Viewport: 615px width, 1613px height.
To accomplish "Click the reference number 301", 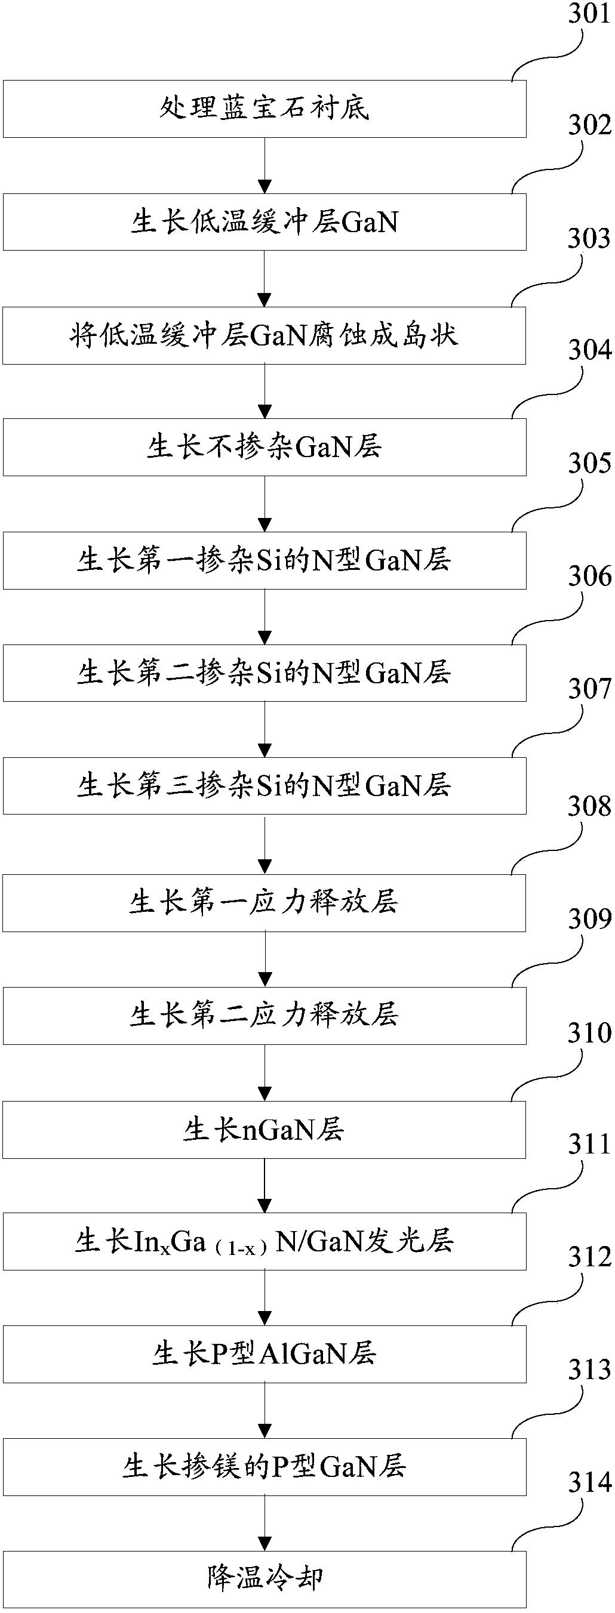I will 588,14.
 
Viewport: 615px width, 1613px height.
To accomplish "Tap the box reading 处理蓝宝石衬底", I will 264,109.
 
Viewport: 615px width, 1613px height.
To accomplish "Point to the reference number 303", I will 588,239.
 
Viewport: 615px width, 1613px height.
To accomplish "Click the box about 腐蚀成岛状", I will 264,335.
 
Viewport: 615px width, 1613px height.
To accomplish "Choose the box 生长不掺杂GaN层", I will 264,447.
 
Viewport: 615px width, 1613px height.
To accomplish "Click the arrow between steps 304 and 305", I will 265,504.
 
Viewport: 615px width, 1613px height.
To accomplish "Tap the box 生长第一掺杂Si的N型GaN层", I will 264,560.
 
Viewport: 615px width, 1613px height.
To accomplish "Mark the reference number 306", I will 589,576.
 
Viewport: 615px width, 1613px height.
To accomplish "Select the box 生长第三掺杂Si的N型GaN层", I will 264,785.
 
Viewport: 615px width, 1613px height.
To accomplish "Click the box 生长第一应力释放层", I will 264,902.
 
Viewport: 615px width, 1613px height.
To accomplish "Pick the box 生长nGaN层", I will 264,1130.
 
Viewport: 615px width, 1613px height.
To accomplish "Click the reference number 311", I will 589,1145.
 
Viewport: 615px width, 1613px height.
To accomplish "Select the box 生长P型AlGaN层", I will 264,1354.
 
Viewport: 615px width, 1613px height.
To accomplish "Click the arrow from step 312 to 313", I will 265,1410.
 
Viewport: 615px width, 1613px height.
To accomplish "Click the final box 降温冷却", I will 264,1579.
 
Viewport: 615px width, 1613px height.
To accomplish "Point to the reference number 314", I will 589,1483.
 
